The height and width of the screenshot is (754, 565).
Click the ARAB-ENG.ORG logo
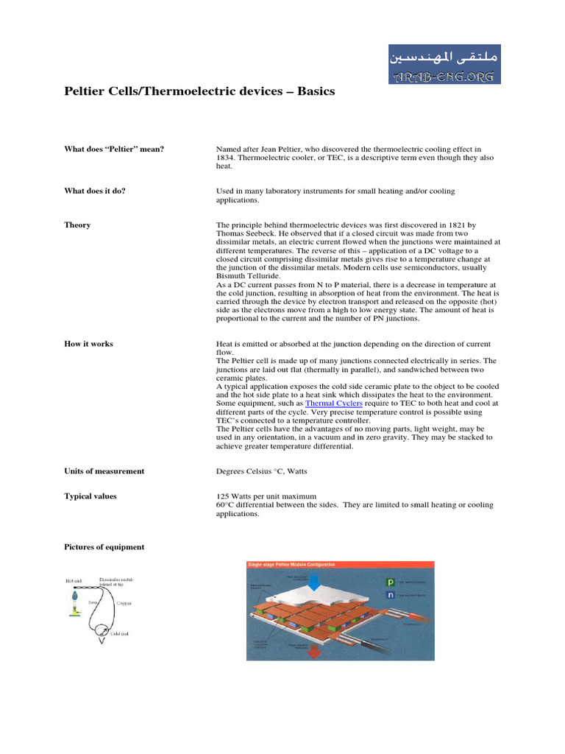444,63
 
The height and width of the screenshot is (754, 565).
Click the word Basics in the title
316,91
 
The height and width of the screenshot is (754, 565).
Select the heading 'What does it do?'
95,191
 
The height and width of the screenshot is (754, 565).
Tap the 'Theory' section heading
77,225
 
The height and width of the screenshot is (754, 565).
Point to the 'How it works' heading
89,344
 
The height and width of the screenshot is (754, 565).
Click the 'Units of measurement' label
104,471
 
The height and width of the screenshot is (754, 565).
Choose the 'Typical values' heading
90,496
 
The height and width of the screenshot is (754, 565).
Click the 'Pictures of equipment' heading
104,547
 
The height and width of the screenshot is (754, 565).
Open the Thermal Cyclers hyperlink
333,404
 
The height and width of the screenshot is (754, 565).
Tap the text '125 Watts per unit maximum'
265,496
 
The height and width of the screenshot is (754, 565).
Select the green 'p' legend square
391,582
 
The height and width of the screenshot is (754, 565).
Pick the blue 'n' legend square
391,594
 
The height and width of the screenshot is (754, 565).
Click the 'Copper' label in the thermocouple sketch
124,602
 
